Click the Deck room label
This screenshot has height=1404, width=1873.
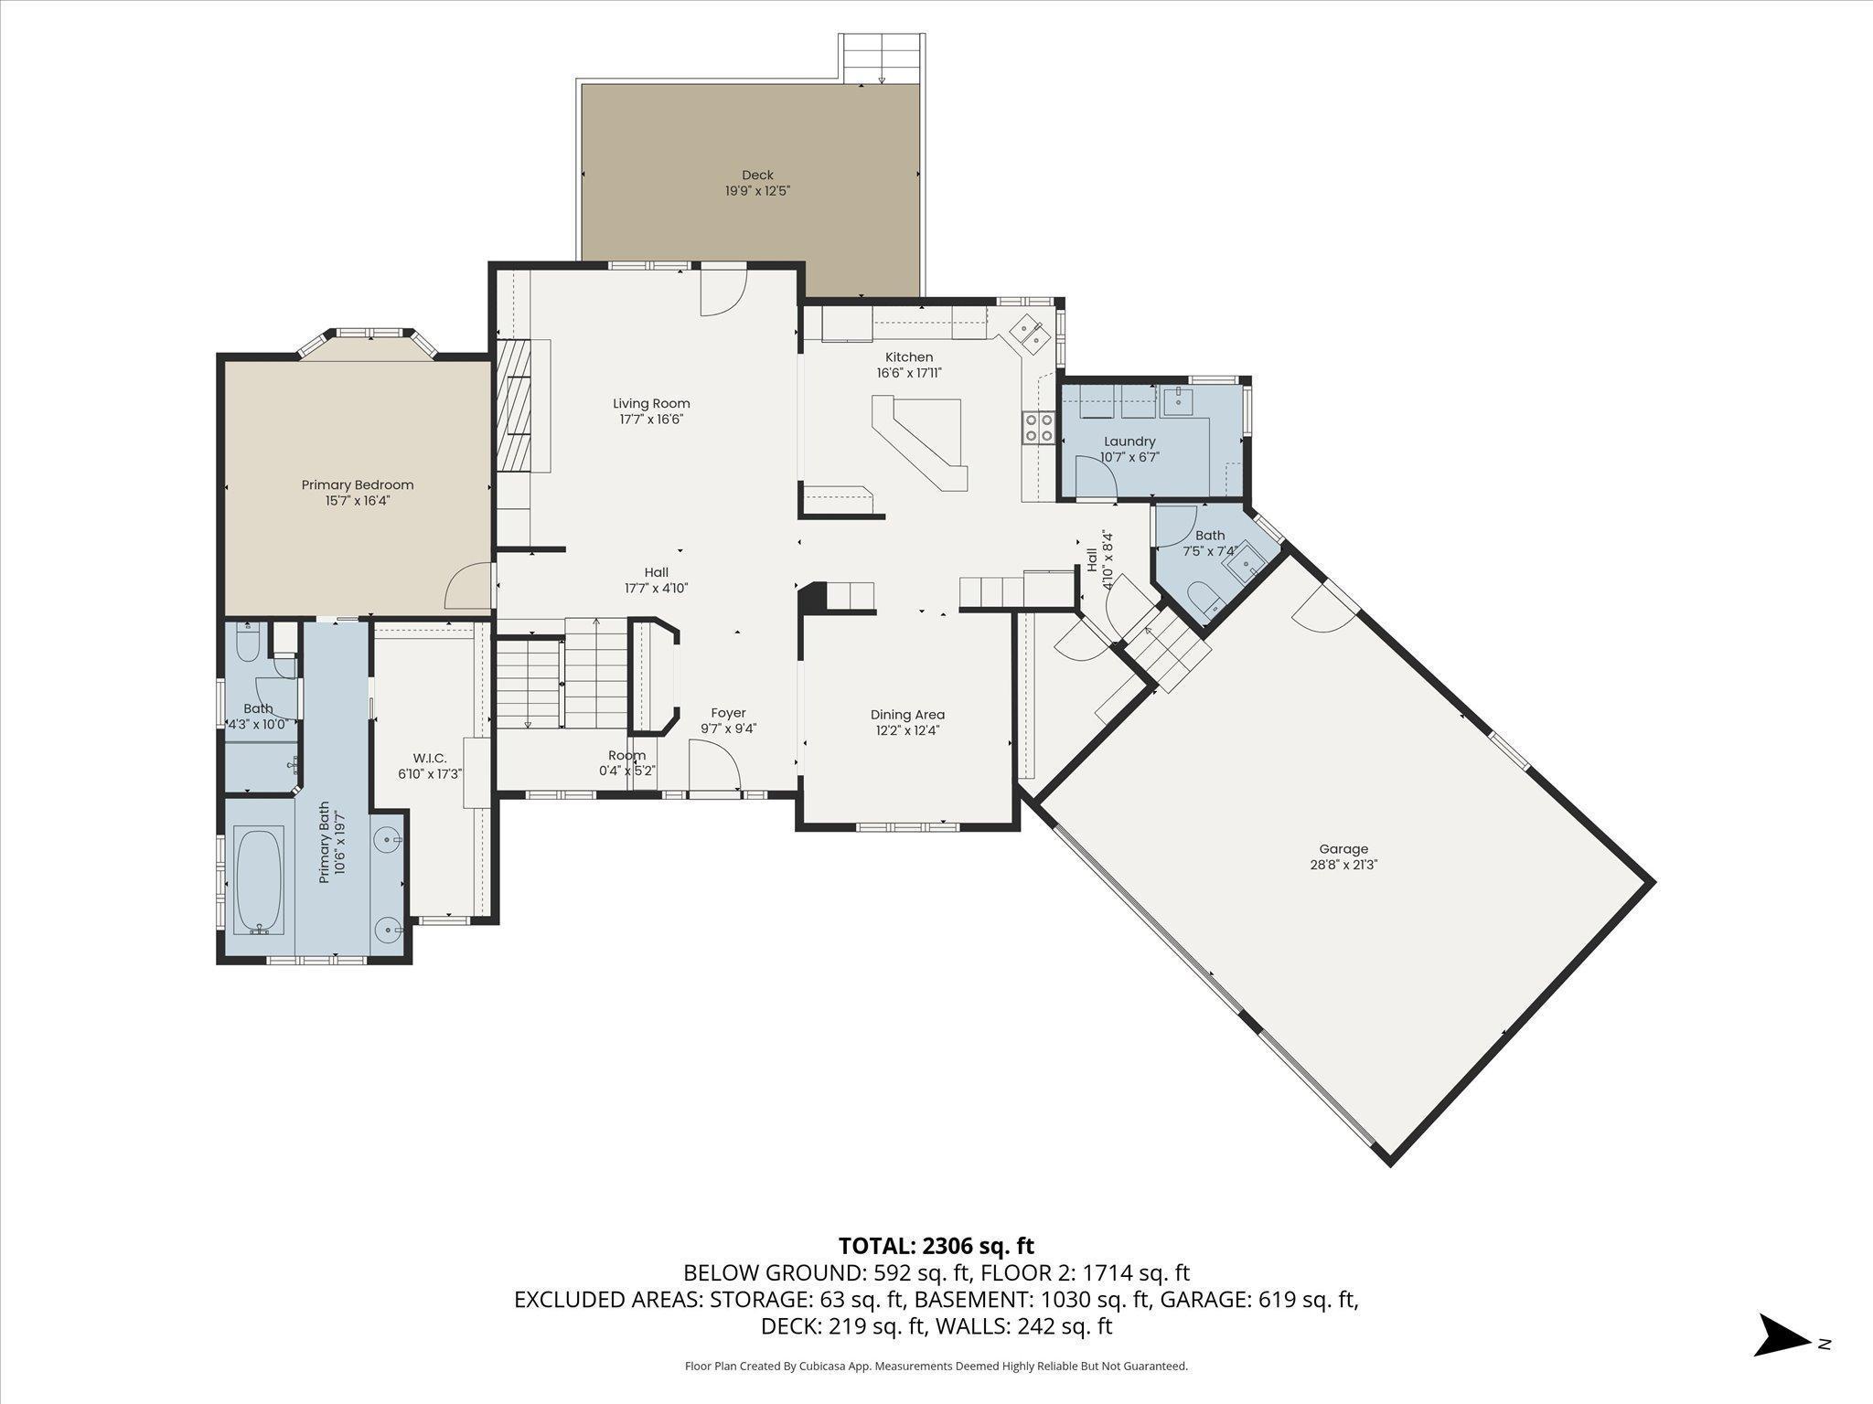tap(757, 175)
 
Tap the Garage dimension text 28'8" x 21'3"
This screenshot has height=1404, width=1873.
tap(1343, 865)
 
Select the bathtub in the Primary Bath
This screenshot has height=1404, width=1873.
tap(259, 880)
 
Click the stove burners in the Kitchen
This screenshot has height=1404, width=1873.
tap(1038, 427)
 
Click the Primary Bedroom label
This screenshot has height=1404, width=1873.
tap(358, 485)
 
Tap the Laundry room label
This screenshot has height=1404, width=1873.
tap(1129, 441)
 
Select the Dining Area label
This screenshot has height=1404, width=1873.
tap(907, 715)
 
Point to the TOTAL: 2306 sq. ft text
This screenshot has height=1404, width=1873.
tap(936, 1245)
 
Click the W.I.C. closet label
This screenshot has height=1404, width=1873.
tap(430, 758)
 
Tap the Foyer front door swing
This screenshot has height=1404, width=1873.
tap(714, 763)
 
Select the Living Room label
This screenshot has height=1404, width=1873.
tap(651, 403)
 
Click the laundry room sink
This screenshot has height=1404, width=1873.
tap(1179, 399)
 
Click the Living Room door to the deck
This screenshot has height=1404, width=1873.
tap(724, 292)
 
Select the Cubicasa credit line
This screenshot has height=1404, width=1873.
tap(936, 1366)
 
